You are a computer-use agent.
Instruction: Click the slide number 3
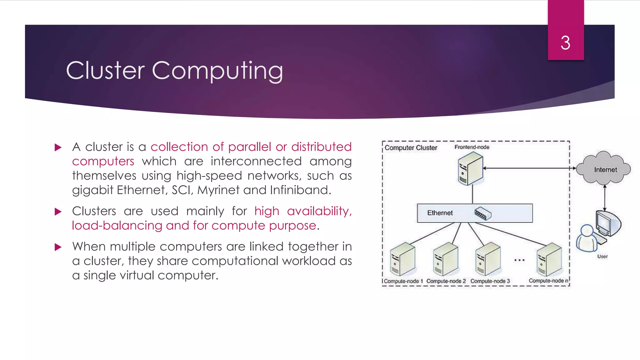point(565,43)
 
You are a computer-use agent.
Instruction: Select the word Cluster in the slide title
point(105,70)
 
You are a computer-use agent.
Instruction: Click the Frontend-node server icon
point(470,170)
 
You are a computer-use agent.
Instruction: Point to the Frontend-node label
point(472,147)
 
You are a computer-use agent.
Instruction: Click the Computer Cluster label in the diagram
point(411,147)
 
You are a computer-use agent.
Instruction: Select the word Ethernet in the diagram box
point(440,213)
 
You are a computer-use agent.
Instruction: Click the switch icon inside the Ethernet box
point(483,213)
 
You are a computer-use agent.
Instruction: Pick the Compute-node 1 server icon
point(403,259)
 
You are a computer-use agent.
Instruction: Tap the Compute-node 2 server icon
point(446,259)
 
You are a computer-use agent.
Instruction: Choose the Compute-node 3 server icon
point(488,259)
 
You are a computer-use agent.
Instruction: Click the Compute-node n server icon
point(549,259)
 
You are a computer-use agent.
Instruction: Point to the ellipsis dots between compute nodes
point(519,260)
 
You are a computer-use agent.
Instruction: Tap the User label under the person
point(602,256)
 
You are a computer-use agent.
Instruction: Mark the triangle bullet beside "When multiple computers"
point(58,247)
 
